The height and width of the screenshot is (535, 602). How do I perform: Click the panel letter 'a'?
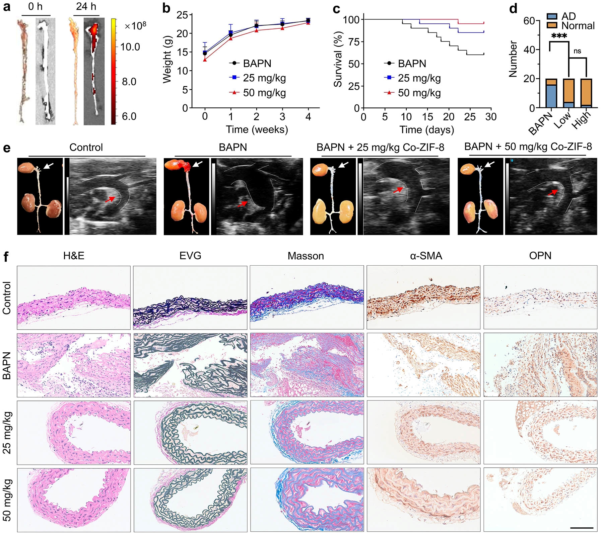7,7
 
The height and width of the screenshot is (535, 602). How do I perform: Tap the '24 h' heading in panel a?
86,6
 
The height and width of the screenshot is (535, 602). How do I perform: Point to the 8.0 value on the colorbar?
129,82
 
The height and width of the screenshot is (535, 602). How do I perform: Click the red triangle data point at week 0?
205,60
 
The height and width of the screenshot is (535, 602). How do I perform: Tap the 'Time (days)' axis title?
426,129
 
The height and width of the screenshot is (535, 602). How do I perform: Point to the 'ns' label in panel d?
577,51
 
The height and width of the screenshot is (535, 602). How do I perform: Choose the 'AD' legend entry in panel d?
561,16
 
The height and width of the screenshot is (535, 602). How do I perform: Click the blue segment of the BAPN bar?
551,96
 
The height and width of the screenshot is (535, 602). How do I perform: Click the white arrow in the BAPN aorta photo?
197,164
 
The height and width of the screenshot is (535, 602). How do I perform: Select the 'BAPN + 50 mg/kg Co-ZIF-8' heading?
528,147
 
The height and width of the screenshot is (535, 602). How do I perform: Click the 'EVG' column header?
190,256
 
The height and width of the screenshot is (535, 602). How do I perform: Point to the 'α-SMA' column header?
426,256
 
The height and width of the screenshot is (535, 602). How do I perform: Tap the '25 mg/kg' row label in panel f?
7,432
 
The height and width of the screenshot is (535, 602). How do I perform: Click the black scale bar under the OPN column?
581,528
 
